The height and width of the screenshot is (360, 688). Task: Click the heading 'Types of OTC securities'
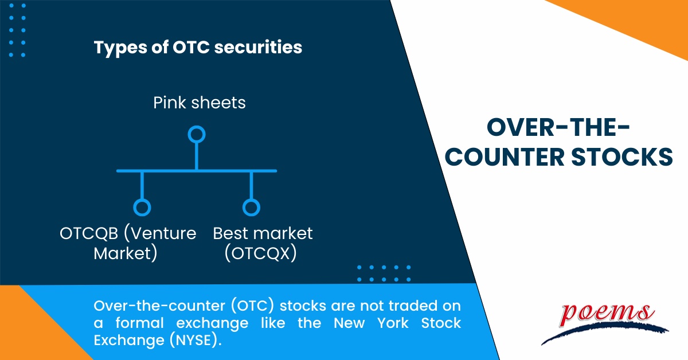[x=198, y=48]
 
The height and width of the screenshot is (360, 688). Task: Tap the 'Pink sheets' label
[x=200, y=103]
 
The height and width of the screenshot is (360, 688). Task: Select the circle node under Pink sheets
[x=197, y=135]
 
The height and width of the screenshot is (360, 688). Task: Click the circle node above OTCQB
[x=142, y=207]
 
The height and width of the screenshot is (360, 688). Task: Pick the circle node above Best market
[x=251, y=207]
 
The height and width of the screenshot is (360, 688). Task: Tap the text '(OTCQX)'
[x=261, y=253]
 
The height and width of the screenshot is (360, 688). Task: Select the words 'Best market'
[x=263, y=234]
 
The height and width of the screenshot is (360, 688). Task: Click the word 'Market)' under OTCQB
[x=126, y=253]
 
